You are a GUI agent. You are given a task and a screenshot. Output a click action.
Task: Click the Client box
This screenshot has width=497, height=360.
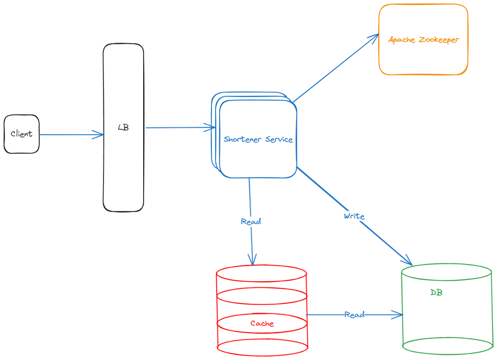point(21,134)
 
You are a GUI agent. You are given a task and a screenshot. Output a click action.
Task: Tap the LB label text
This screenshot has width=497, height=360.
point(123,127)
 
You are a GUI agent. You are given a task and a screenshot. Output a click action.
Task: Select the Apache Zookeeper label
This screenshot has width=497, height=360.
point(423,40)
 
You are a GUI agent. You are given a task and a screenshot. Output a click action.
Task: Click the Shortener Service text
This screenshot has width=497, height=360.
point(258,140)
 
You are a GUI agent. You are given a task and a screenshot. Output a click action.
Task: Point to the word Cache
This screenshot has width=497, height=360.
point(262,324)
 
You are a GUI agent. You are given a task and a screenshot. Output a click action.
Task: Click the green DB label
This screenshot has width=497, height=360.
point(436,293)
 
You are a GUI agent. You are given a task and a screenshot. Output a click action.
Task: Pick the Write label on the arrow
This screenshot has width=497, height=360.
point(354,217)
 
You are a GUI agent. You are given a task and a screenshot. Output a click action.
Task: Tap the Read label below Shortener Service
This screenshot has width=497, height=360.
point(250,222)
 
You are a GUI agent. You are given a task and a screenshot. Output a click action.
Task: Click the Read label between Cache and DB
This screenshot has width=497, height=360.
point(354,315)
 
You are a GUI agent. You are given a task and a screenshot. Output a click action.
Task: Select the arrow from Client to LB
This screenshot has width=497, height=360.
point(70,134)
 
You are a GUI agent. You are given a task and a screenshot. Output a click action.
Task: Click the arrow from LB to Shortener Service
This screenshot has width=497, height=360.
point(179,128)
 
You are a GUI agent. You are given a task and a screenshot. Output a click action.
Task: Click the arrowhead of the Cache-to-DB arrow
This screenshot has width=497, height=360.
point(398,315)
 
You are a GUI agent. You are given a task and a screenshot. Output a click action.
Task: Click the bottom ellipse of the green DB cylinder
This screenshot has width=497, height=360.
point(447,346)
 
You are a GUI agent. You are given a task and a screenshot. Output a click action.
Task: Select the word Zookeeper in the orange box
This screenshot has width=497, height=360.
point(439,40)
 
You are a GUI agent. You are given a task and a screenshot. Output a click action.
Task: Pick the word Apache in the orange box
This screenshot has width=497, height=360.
point(402,40)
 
